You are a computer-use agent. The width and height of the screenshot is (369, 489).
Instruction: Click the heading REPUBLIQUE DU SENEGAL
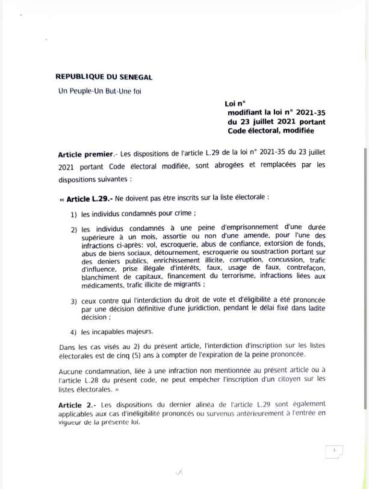104,77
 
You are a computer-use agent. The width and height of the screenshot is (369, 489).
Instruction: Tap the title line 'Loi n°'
235,104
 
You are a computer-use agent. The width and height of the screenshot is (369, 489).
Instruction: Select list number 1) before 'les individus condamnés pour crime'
73,215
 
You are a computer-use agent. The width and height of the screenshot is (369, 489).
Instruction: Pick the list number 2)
73,229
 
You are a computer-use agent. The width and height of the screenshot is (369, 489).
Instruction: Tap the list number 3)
73,302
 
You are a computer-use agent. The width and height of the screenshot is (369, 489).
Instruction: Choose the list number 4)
73,332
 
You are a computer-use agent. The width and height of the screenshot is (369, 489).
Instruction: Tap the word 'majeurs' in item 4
140,332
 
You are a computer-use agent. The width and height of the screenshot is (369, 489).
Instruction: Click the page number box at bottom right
334,451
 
